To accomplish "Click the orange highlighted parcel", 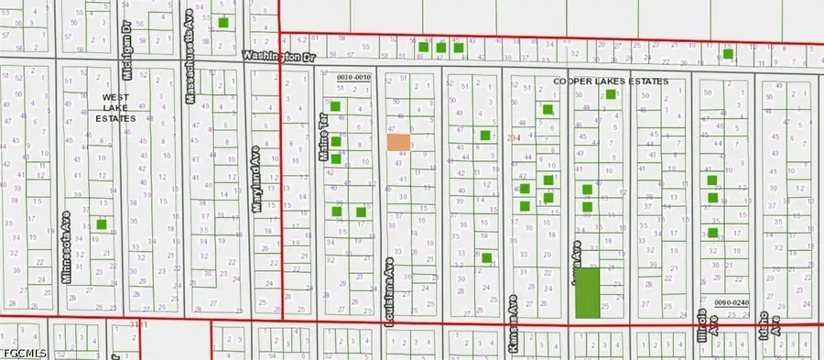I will click(x=398, y=142).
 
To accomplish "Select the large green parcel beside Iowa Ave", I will click(x=587, y=292).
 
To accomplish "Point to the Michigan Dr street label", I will click(x=127, y=38).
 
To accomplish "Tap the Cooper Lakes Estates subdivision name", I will click(x=611, y=81).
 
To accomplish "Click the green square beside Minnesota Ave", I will click(x=102, y=224).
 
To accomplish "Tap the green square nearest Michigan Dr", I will click(x=223, y=21).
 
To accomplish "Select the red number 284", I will click(x=514, y=136).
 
